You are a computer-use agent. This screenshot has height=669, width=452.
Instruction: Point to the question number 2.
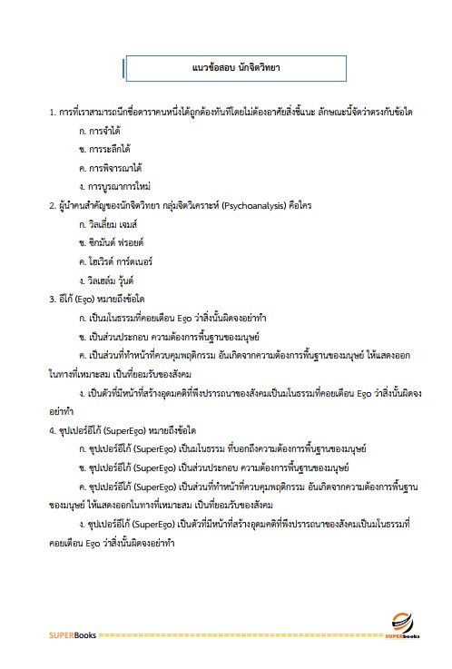pos(51,206)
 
